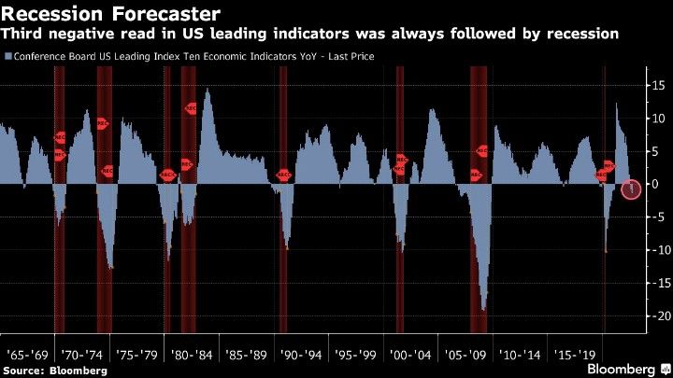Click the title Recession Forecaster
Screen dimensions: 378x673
point(111,14)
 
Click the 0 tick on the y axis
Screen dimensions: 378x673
point(660,184)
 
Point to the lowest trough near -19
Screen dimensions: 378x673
point(484,309)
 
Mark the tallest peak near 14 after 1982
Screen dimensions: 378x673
point(206,90)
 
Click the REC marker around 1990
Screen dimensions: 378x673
point(284,174)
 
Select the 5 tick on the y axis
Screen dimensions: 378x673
point(660,151)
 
